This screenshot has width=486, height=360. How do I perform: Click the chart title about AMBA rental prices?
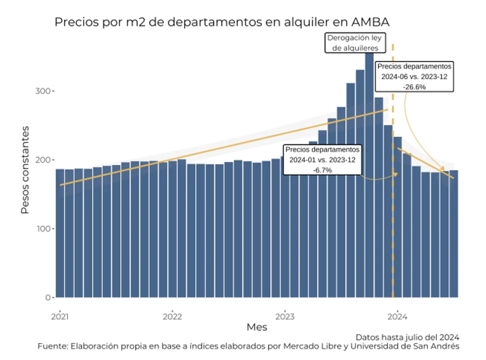point(222,22)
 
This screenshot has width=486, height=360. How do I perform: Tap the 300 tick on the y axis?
point(43,91)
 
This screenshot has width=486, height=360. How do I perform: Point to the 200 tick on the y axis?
point(43,160)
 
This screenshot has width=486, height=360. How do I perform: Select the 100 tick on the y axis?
point(43,229)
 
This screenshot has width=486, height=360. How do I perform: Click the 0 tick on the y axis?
point(48,298)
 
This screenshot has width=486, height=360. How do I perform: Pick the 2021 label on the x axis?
point(60,316)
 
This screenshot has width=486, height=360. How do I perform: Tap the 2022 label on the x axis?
point(173,316)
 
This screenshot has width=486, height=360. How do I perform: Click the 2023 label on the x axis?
point(285,316)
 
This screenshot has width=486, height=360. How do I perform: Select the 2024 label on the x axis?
point(398,316)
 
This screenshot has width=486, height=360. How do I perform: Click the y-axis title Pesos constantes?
point(25,170)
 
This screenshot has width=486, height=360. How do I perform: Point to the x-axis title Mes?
point(257,327)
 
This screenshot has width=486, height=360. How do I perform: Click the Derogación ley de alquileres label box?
point(355,43)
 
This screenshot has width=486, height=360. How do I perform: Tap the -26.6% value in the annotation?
point(415,87)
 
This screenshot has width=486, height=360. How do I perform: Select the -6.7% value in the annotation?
point(322,170)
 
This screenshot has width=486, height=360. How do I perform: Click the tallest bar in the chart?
point(369,175)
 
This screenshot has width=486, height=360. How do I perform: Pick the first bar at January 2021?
point(60,233)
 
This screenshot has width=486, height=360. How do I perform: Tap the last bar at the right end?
point(454,234)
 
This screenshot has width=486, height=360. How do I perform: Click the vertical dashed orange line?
point(393,171)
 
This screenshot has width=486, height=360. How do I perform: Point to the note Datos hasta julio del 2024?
point(407,337)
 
